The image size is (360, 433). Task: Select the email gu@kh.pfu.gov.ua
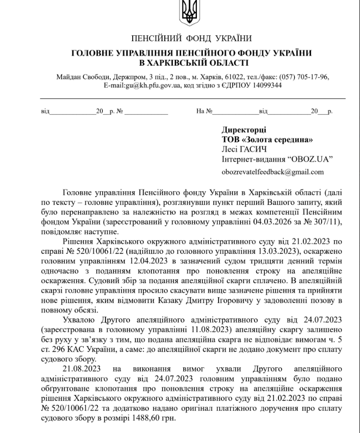142,85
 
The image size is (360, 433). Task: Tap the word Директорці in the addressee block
244,130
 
